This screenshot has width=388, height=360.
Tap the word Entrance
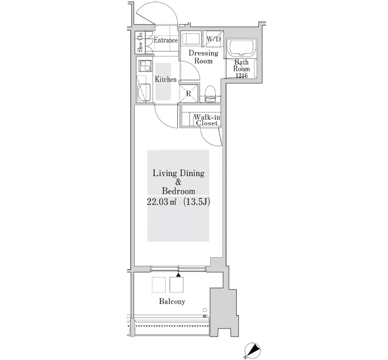[x=166, y=40]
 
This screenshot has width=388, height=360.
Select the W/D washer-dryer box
[x=213, y=39]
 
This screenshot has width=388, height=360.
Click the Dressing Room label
[x=203, y=57]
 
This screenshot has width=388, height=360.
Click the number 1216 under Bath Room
[x=242, y=76]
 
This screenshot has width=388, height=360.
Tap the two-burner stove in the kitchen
[x=145, y=66]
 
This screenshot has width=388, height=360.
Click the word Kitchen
[x=166, y=79]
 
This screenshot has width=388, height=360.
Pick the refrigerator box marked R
[x=188, y=94]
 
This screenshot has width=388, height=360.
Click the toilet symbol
[x=211, y=94]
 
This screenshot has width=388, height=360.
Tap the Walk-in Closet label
[x=207, y=120]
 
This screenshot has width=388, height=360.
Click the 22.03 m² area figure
[x=162, y=202]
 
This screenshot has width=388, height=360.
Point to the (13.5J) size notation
[x=197, y=202]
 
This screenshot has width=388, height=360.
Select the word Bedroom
[x=178, y=191]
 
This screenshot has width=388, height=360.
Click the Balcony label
[x=172, y=301]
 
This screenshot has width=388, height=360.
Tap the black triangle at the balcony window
[x=178, y=275]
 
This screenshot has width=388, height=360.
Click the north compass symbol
[x=252, y=351]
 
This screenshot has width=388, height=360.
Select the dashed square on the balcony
[x=159, y=285]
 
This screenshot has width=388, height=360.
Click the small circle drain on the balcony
[x=205, y=310]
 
